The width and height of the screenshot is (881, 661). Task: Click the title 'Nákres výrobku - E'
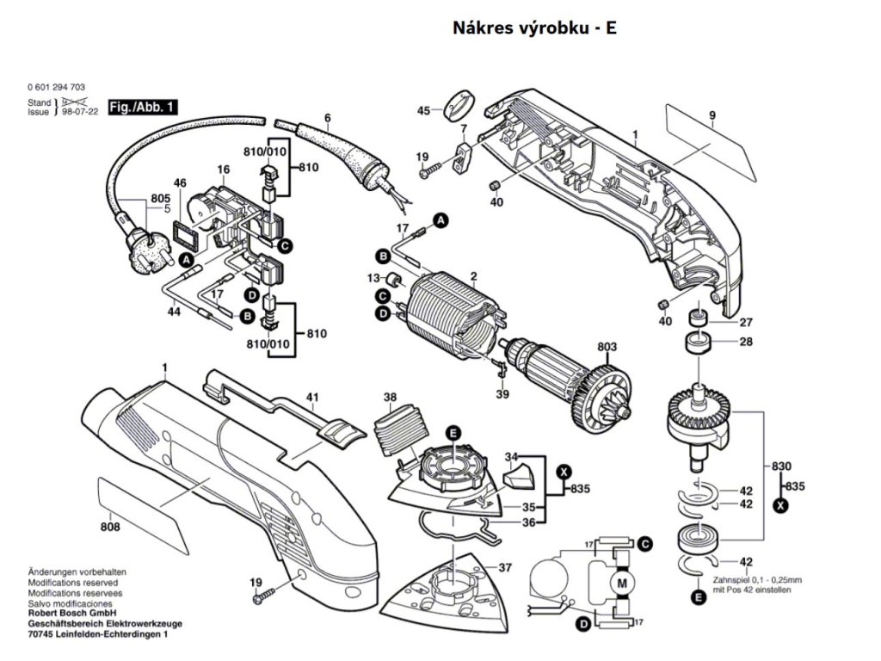[x=534, y=28]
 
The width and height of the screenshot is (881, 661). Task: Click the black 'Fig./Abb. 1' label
[x=144, y=108]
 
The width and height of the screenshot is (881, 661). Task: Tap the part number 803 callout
[x=607, y=347]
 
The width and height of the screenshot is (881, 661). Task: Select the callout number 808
[x=109, y=527]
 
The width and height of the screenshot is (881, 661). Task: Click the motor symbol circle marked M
[x=620, y=585]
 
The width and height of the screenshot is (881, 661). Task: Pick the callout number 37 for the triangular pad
[x=506, y=567]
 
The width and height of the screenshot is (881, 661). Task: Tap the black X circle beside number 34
[x=564, y=471]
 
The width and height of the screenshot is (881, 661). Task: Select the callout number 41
[x=313, y=398]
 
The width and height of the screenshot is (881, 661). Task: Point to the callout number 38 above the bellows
[x=391, y=398]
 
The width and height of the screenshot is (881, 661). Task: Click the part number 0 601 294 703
[x=56, y=88]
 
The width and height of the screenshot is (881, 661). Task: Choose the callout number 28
[x=746, y=342]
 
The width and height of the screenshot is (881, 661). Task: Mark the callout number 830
[x=780, y=466]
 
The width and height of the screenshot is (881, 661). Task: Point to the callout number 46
[x=180, y=182]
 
